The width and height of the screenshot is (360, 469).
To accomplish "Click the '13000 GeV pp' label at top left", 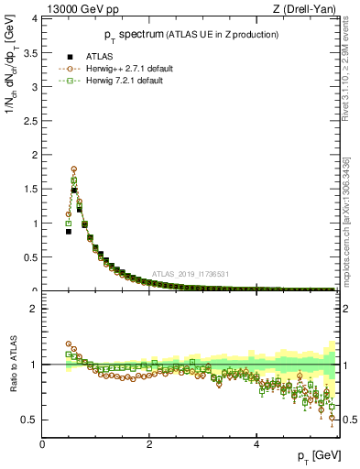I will click(75, 8).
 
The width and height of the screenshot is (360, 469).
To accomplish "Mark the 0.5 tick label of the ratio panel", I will click(29, 420).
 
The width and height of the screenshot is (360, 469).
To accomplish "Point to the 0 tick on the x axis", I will click(43, 442).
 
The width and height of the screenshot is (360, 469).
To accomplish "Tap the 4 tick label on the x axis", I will click(256, 442).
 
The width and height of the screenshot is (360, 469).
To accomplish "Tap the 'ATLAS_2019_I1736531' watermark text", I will click(191, 274).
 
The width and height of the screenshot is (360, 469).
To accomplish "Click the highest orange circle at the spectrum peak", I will click(73, 169).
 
